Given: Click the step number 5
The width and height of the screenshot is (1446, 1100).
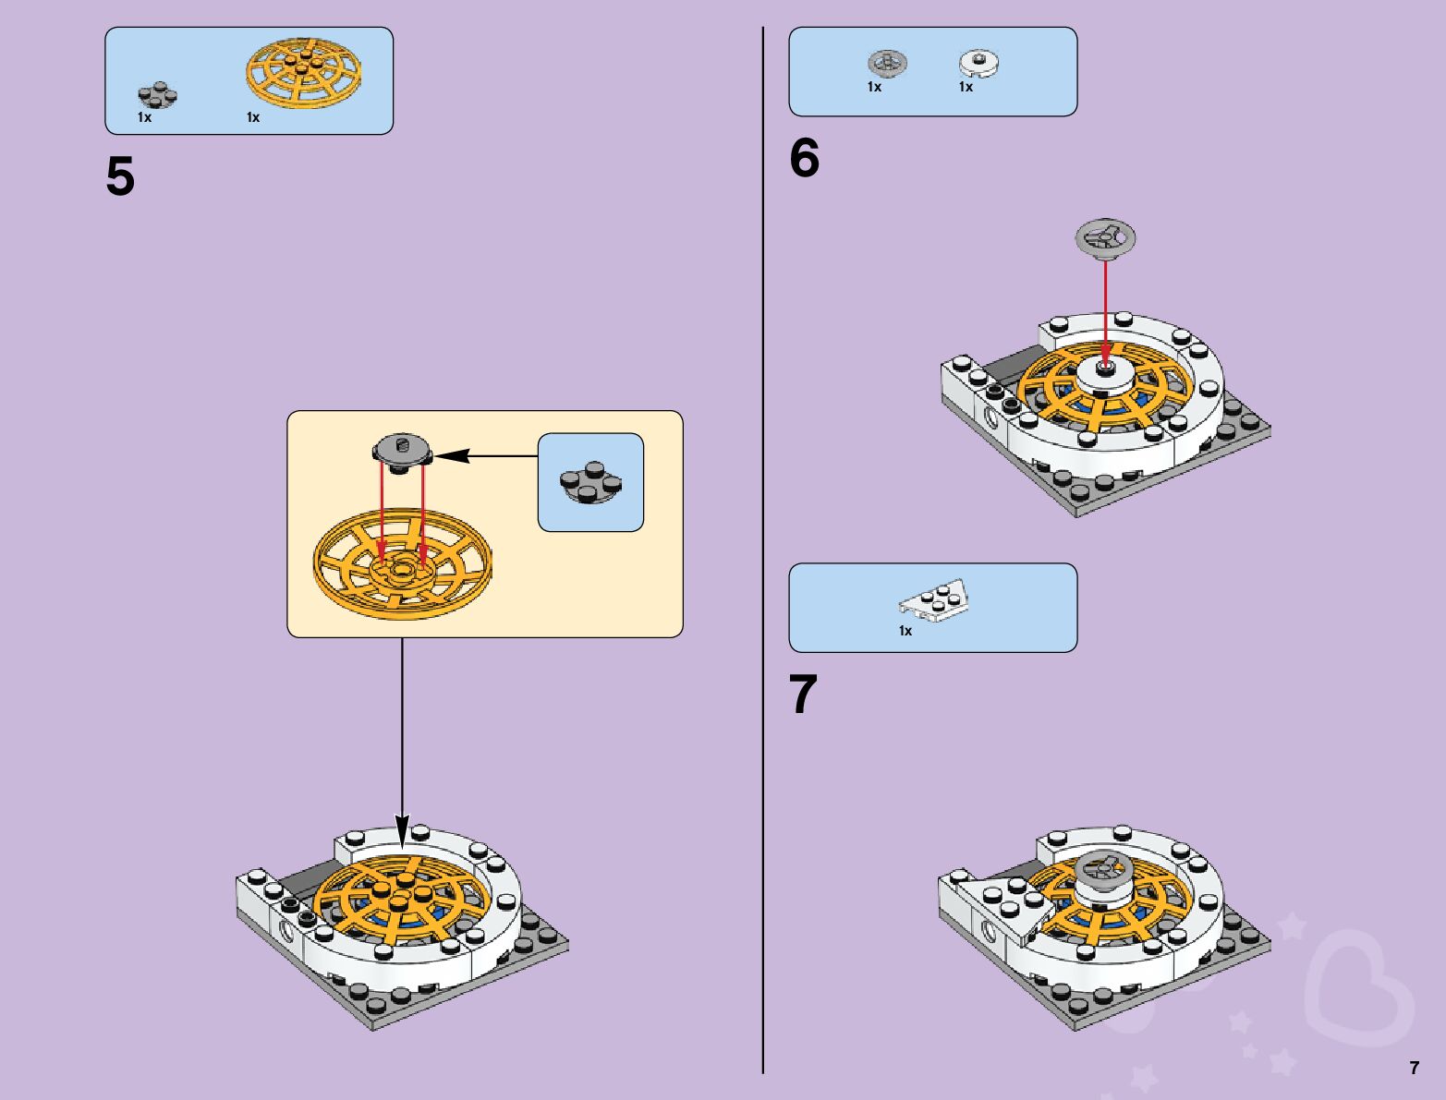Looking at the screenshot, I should [120, 176].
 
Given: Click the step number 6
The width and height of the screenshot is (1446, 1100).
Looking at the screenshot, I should [804, 158].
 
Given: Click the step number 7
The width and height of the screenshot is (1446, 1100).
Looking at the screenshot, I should [804, 695].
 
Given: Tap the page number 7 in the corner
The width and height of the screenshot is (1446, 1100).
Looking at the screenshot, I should [1414, 1069].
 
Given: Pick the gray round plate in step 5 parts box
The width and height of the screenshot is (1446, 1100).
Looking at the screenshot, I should [157, 94].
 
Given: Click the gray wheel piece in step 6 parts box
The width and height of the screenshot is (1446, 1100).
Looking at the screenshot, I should [887, 63].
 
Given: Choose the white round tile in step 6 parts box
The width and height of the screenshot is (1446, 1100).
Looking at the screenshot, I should [979, 63].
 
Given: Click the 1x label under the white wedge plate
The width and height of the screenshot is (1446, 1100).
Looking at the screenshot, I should [905, 631].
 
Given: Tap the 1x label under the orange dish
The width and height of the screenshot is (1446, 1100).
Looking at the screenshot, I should [253, 117].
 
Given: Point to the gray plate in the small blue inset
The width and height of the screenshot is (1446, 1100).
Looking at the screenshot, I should [589, 483].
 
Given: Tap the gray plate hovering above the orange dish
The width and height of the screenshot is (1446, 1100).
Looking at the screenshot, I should [402, 452].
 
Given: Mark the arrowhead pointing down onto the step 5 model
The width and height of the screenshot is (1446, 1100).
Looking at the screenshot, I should [402, 828].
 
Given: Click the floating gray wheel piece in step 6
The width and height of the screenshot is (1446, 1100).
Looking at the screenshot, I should [1105, 237].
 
